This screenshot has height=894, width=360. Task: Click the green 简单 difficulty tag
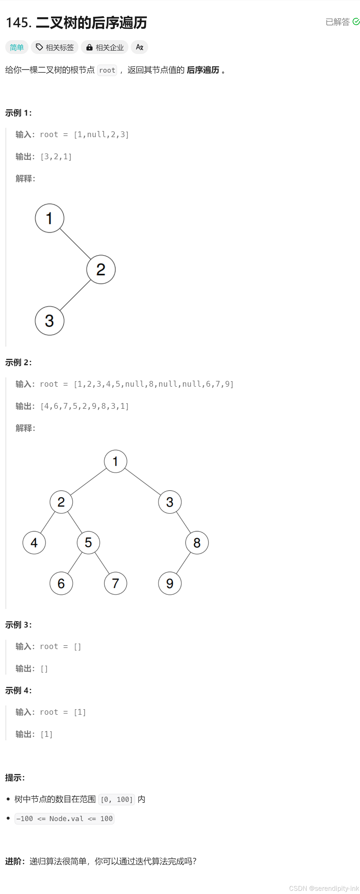tap(17, 47)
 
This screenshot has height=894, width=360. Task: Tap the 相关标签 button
tap(55, 47)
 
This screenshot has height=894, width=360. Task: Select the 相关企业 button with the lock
tap(105, 47)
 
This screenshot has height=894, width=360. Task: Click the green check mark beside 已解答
tap(356, 22)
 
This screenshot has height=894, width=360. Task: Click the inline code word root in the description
tap(107, 70)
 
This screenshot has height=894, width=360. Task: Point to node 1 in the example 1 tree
tap(49, 218)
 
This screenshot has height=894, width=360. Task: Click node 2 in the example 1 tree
tap(101, 269)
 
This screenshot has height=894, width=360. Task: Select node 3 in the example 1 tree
tap(49, 321)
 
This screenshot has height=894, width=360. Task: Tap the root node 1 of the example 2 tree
tap(115, 461)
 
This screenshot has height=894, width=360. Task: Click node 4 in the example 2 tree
tap(34, 542)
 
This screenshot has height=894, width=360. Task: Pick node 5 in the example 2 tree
tap(88, 542)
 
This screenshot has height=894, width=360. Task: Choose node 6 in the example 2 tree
tap(61, 583)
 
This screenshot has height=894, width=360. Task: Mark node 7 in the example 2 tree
tap(115, 583)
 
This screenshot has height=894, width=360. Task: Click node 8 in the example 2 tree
tap(197, 542)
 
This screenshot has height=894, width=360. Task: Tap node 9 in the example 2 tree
tap(170, 583)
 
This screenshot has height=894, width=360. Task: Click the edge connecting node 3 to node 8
tap(183, 522)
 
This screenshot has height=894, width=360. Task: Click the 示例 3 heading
tap(18, 625)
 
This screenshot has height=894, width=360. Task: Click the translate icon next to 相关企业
tap(139, 47)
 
